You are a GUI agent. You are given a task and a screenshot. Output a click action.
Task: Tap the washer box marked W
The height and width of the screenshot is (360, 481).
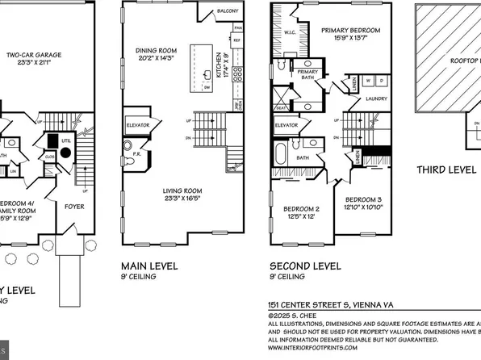point(370,81)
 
